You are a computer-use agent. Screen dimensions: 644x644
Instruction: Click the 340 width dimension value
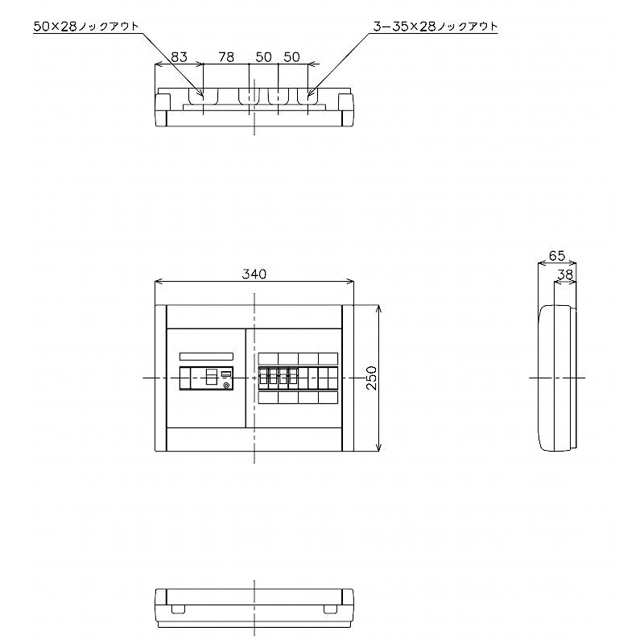tap(254, 274)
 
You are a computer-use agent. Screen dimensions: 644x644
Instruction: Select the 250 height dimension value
tap(371, 378)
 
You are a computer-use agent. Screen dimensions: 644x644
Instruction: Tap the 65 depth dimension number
tap(557, 256)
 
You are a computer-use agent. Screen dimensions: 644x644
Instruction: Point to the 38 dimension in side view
tap(566, 275)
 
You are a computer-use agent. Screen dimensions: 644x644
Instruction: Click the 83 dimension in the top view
tap(179, 56)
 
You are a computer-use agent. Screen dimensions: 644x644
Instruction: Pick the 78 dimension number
tap(226, 56)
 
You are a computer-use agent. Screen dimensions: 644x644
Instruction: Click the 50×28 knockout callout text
tap(86, 27)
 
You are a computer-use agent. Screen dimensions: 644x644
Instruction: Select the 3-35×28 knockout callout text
tap(436, 27)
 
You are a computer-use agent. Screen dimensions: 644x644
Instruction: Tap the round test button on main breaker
tap(226, 386)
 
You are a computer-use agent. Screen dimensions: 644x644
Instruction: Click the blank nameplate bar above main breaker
tap(207, 357)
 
